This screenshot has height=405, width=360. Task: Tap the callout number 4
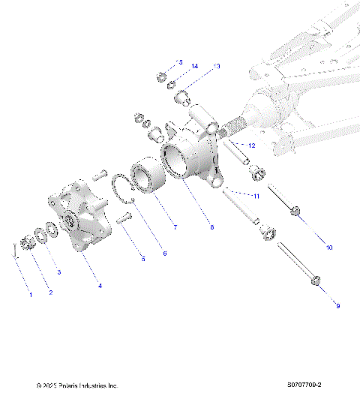(x=100, y=286)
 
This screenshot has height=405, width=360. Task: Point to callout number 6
(x=164, y=253)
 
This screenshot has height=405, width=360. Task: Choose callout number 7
(x=175, y=226)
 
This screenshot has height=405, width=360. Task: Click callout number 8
(x=212, y=226)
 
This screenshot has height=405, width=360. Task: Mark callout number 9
(x=337, y=305)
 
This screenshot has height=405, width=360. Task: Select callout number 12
(x=252, y=145)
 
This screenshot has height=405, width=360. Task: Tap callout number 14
(x=194, y=67)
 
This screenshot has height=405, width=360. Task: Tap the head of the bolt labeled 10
(x=298, y=212)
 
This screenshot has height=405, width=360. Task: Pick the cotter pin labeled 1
(x=14, y=249)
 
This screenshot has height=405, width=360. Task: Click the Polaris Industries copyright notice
(x=77, y=385)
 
